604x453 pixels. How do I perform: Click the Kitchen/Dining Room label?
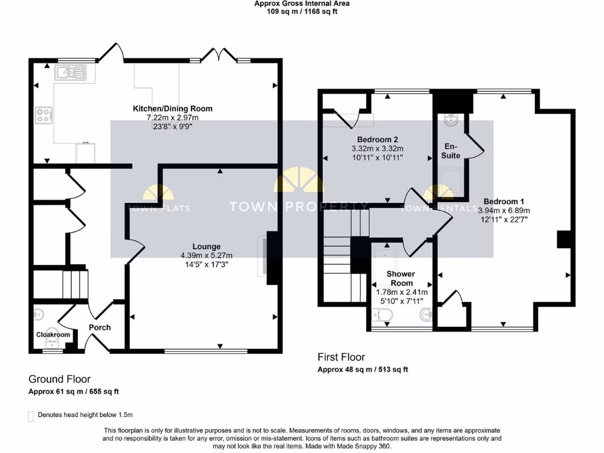[172, 109]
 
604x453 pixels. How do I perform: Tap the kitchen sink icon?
[70, 73]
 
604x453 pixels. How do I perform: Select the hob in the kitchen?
[44, 114]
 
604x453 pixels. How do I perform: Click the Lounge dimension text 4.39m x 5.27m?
[206, 255]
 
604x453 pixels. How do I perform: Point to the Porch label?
[100, 327]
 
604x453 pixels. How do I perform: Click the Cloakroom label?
[53, 334]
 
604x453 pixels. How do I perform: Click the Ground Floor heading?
[60, 379]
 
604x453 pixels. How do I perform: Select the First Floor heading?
[341, 357]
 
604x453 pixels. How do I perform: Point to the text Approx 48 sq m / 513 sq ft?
[363, 370]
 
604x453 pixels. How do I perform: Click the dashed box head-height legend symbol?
[31, 416]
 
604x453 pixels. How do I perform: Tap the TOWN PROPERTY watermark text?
[298, 206]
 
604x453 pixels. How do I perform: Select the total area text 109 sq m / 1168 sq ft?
[301, 11]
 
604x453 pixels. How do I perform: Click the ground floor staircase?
[59, 284]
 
